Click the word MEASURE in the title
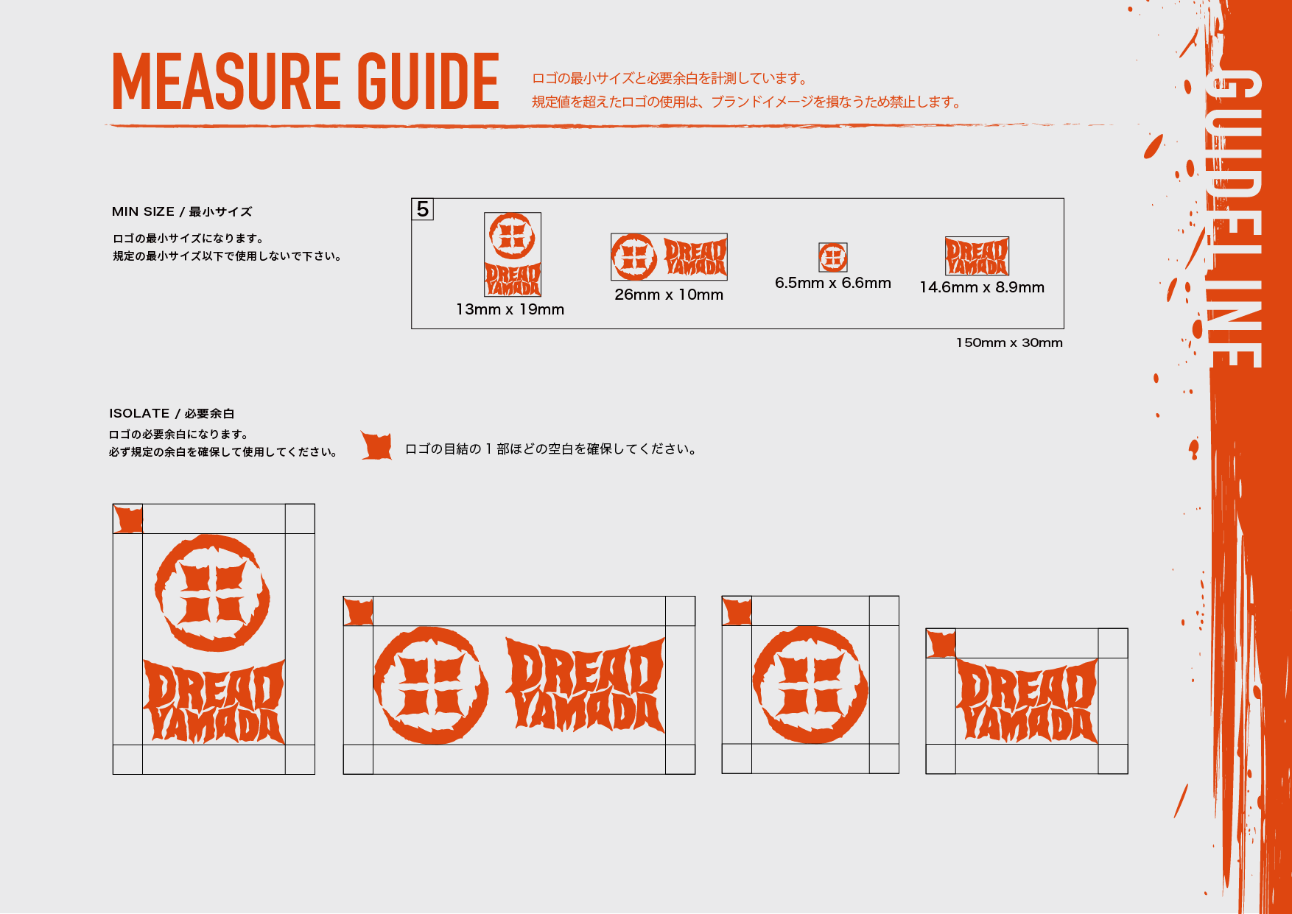pos(226,81)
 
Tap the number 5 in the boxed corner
pos(423,209)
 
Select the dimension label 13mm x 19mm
pos(510,309)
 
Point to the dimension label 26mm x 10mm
pos(669,295)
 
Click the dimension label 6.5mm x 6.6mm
pos(833,283)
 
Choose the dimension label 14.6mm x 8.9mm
pos(982,287)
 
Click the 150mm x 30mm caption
pos(1009,342)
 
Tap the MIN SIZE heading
pos(143,211)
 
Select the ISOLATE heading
pos(139,413)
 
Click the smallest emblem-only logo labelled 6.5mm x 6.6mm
pos(833,258)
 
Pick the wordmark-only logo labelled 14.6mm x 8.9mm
pos(977,256)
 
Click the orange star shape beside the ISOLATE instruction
pos(376,446)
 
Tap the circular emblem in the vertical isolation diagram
pos(213,593)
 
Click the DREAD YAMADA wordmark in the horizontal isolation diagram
pos(586,685)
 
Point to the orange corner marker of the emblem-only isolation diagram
pos(737,611)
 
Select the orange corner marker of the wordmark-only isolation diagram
pos(941,644)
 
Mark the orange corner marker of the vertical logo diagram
pos(128,519)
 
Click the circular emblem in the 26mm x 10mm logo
pos(633,257)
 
